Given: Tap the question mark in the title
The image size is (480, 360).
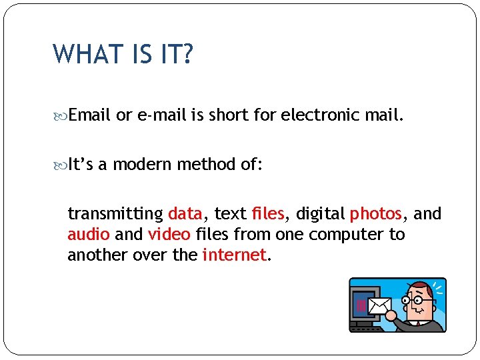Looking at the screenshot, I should [x=187, y=53].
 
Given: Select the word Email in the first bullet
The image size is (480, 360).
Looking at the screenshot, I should [x=89, y=115].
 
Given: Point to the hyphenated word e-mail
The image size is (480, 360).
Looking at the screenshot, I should [x=161, y=115].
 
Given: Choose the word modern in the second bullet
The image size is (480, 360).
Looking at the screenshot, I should [x=142, y=165].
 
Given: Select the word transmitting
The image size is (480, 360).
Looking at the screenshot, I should [x=115, y=214].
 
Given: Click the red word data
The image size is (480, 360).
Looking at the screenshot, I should [x=185, y=214].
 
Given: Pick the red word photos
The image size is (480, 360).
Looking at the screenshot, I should [x=376, y=214].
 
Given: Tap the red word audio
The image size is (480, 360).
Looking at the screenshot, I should [x=89, y=235].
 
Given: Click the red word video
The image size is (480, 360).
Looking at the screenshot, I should [x=169, y=235].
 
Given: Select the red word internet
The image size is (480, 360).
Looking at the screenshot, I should [x=233, y=255].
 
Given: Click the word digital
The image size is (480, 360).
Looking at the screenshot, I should [x=320, y=214].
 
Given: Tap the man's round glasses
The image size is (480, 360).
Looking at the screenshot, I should [x=418, y=301].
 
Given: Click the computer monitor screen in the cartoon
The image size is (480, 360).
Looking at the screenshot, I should [x=363, y=303].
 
